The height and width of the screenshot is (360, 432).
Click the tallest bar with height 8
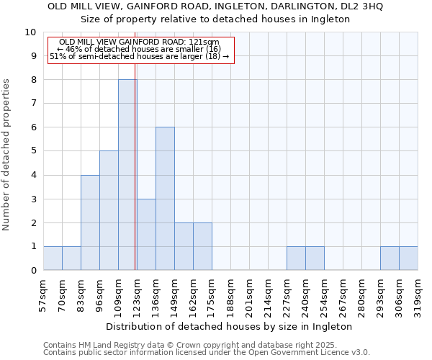(127, 175)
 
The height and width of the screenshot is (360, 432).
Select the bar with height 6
(165, 199)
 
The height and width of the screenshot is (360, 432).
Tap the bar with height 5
(109, 210)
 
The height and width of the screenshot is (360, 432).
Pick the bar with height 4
(90, 222)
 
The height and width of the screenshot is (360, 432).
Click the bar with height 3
(146, 234)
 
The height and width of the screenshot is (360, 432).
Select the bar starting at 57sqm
(53, 258)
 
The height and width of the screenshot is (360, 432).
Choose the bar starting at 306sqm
(408, 258)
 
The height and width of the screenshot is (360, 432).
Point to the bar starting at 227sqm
(296, 258)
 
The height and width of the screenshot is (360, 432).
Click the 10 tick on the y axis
(30, 32)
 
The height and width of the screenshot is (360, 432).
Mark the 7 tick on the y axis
(33, 104)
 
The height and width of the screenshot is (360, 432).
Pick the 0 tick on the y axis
(33, 271)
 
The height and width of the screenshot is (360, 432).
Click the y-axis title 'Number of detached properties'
(6, 156)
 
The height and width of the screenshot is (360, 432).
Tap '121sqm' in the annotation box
(204, 42)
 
